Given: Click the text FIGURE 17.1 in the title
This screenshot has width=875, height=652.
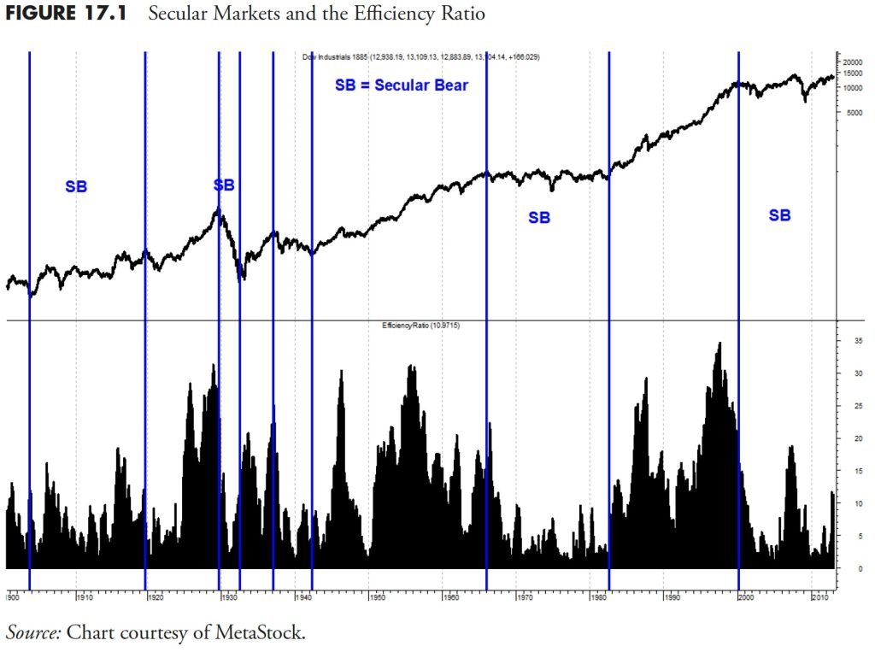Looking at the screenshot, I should click(x=64, y=15).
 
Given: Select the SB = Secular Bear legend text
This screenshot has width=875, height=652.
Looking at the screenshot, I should click(x=401, y=85).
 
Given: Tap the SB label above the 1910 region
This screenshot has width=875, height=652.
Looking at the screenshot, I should click(x=76, y=186).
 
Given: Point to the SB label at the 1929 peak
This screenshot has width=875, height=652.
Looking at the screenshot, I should click(x=224, y=185).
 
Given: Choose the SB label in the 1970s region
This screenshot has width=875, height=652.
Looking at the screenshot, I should click(x=539, y=218).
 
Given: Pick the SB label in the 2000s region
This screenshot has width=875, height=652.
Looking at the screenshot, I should click(x=779, y=215).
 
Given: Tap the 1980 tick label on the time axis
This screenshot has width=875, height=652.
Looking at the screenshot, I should click(x=597, y=596).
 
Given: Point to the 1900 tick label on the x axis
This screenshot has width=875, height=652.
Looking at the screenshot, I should click(x=13, y=596).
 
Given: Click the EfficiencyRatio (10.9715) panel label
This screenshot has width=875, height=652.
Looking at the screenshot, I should click(x=420, y=326).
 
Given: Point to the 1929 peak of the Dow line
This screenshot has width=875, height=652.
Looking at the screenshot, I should click(x=220, y=209).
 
